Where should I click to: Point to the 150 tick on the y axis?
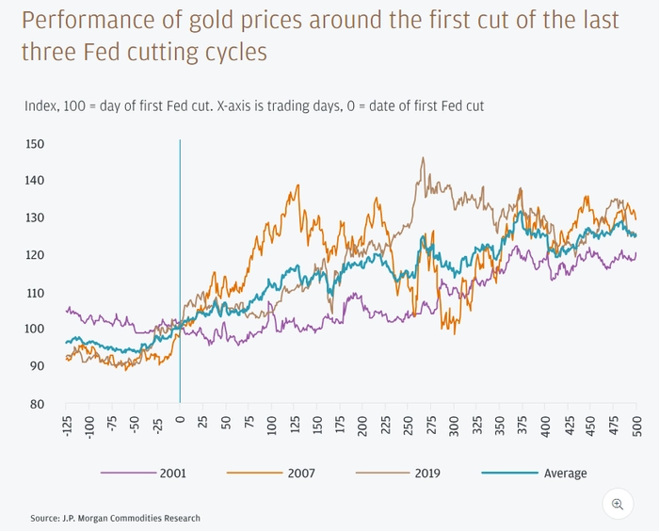click(37, 144)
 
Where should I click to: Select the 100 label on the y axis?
click(37, 330)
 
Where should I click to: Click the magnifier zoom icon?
click(618, 504)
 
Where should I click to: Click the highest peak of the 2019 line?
click(423, 158)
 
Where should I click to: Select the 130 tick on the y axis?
click(37, 218)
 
